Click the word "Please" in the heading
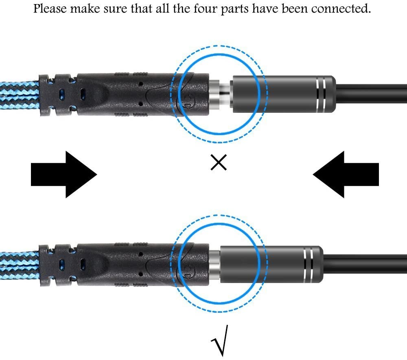50,9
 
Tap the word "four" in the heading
206,9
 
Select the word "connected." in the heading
341,9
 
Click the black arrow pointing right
64,174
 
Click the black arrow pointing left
346,174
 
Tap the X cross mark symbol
219,162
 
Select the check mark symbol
220,340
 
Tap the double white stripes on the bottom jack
308,264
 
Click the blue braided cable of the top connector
20,95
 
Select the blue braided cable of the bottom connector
20,266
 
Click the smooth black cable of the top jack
371,94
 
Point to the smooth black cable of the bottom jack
365,264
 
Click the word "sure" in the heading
114,9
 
